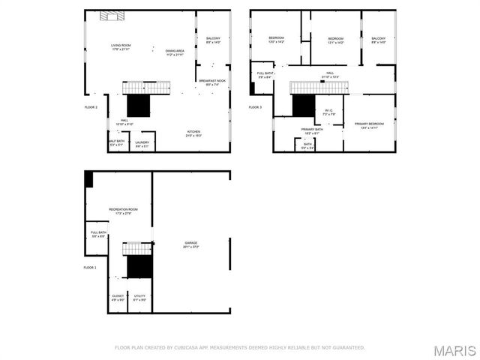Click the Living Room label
[x=121, y=47]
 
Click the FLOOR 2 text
[x=90, y=107]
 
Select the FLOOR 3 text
[x=256, y=107]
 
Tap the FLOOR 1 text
[x=90, y=267]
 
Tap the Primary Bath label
[x=312, y=131]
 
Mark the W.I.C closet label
[x=328, y=112]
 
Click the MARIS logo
[x=457, y=350]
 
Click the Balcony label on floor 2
[x=213, y=40]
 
